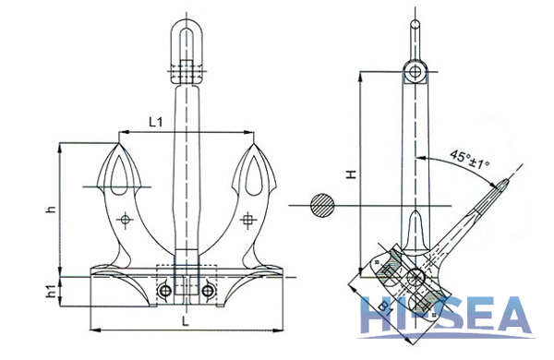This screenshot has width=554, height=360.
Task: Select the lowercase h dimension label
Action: [x=52, y=210]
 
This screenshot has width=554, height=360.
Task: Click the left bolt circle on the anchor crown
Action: [x=165, y=292]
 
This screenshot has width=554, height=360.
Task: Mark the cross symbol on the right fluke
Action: [x=247, y=220]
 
